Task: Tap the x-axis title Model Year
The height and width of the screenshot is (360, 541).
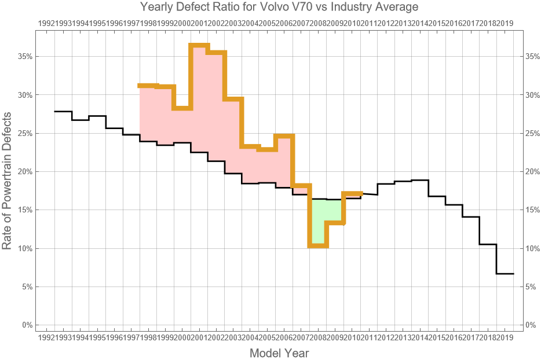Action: (x=279, y=353)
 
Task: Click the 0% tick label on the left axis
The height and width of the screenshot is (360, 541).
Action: (x=26, y=325)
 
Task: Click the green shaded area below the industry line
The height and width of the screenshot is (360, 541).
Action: (x=319, y=220)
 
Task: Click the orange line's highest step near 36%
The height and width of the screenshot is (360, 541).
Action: (x=199, y=45)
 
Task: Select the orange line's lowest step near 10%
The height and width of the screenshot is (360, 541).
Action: (x=318, y=246)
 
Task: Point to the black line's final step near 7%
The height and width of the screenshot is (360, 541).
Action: (x=505, y=274)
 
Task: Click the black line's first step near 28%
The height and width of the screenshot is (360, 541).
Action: (x=63, y=112)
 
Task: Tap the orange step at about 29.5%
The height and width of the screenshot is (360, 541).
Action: (x=233, y=99)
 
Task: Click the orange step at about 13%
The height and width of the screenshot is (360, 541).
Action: (x=335, y=223)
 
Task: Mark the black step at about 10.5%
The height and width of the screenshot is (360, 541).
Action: (x=488, y=244)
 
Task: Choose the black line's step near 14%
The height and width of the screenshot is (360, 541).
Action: (x=471, y=217)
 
